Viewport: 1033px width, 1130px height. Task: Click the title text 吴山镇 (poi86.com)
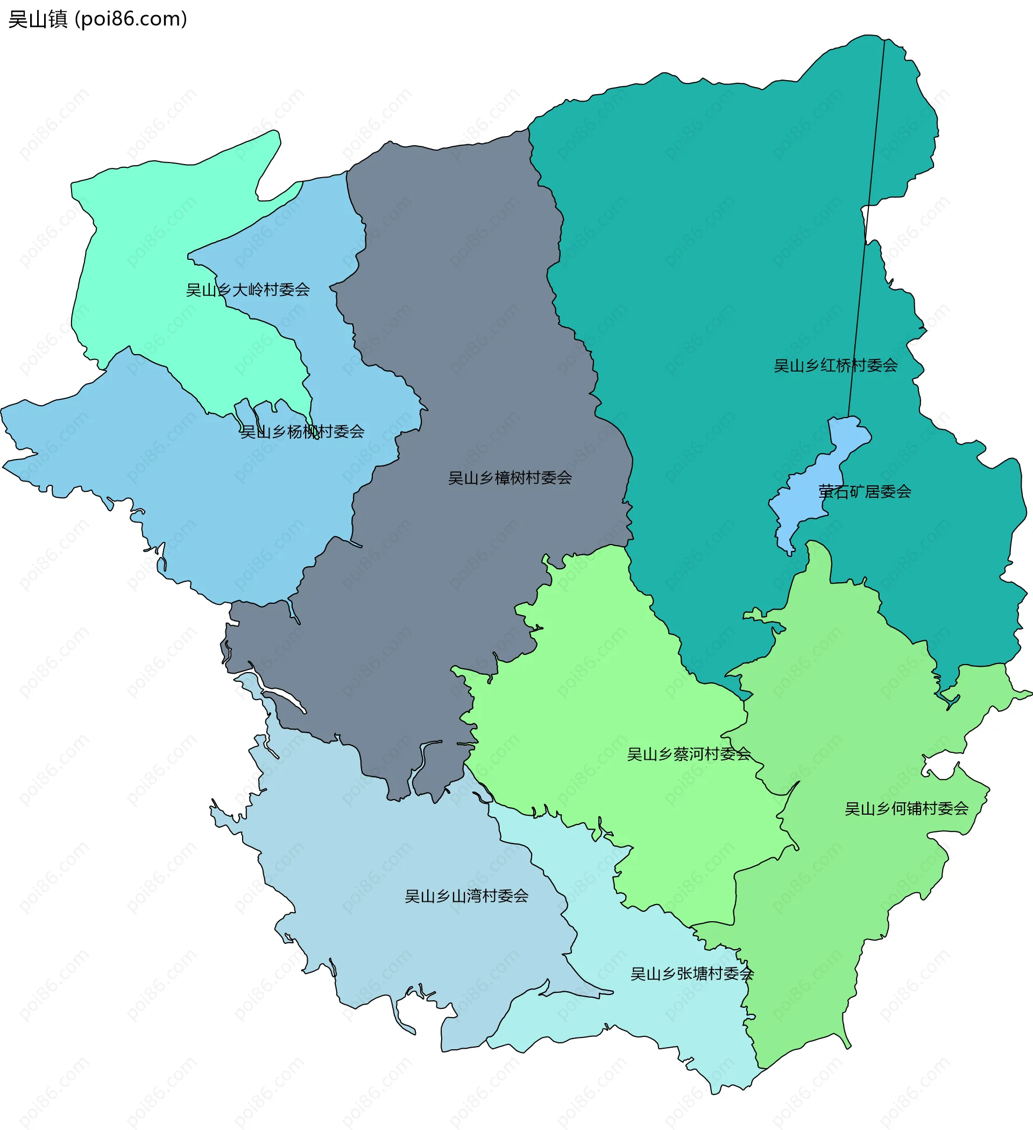point(97,19)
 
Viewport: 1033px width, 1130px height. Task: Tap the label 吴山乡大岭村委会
point(247,290)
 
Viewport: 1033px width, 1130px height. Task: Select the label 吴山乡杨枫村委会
point(302,432)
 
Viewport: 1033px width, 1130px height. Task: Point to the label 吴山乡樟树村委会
point(510,478)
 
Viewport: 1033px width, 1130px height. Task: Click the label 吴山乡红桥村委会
point(835,366)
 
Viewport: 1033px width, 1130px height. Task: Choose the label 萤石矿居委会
point(864,492)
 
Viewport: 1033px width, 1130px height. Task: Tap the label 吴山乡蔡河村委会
point(688,754)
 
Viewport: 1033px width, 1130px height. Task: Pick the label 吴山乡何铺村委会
point(907,809)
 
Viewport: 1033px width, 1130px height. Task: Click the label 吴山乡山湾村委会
point(466,896)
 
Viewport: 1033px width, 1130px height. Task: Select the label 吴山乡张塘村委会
point(692,974)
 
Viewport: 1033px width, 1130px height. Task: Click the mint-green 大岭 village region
point(140,252)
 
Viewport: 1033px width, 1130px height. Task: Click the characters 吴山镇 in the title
point(38,19)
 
